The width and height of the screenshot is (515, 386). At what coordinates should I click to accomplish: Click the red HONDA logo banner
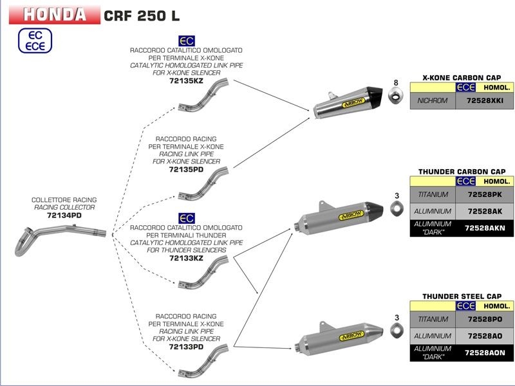(55, 14)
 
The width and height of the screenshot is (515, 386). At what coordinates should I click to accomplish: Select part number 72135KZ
(186, 82)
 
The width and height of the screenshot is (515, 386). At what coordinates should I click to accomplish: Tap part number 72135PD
(186, 170)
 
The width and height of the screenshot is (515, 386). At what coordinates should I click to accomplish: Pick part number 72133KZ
(186, 258)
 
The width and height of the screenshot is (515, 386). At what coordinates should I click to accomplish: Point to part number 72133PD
(186, 347)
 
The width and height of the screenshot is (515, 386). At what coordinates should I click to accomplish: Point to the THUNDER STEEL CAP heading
(462, 297)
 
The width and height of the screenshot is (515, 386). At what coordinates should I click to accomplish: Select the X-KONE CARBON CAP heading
(462, 77)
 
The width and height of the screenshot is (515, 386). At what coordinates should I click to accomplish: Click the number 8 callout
(397, 82)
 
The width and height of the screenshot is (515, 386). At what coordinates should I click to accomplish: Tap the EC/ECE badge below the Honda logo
(33, 41)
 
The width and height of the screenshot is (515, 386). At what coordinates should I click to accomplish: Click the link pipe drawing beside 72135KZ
(205, 96)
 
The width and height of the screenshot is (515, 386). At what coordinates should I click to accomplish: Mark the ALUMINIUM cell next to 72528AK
(433, 210)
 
